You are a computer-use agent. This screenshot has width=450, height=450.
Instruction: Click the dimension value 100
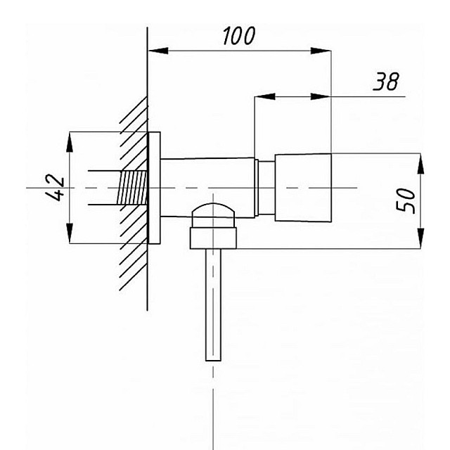pos(239,36)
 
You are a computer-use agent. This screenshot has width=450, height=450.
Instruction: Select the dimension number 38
pos(386,82)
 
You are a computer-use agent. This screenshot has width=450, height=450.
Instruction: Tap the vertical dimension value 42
pos(55,188)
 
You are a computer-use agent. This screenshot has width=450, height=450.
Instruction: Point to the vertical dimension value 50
pos(405,201)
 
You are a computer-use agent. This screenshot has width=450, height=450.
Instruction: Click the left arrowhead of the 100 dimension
pos(157,51)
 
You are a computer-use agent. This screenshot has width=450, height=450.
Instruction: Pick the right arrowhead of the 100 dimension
pos(321,51)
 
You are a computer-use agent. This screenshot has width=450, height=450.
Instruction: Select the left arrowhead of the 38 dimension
pos(264,97)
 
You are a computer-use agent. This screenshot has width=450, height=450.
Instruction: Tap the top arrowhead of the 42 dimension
pos(70,142)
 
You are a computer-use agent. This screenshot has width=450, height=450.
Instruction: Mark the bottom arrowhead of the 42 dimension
pos(70,233)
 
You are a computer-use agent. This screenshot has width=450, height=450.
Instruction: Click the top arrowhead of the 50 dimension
pos(420,164)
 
